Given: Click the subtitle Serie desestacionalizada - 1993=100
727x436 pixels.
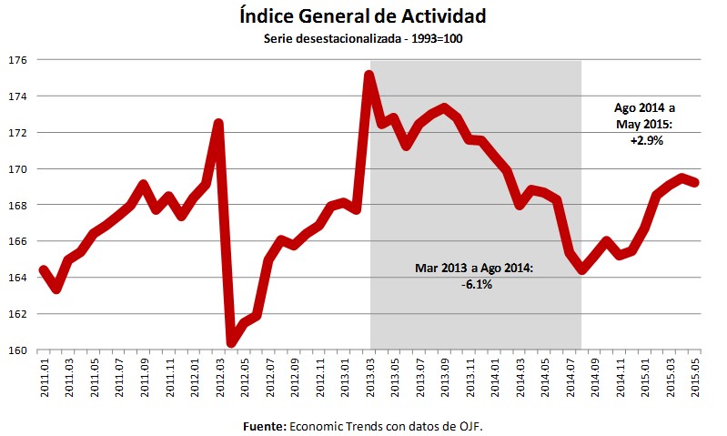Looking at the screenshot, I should pos(363,39).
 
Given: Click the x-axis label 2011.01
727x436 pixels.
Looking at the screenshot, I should pos(45,376).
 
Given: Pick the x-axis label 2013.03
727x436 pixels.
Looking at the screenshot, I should pos(370,376).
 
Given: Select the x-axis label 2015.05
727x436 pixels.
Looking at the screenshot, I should pos(697,376).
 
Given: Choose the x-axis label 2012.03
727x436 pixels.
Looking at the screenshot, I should pos(219,376).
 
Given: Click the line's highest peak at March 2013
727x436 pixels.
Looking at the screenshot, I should pos(369,76).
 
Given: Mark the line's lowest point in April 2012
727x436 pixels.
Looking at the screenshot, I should pos(231,343).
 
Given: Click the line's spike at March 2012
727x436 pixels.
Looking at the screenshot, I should pos(218,124).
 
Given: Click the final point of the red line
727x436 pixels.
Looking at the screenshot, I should pos(696,182).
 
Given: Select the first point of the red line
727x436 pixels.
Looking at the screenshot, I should pos(44,269).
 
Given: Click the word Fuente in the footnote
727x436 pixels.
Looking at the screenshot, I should pos(265,425).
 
